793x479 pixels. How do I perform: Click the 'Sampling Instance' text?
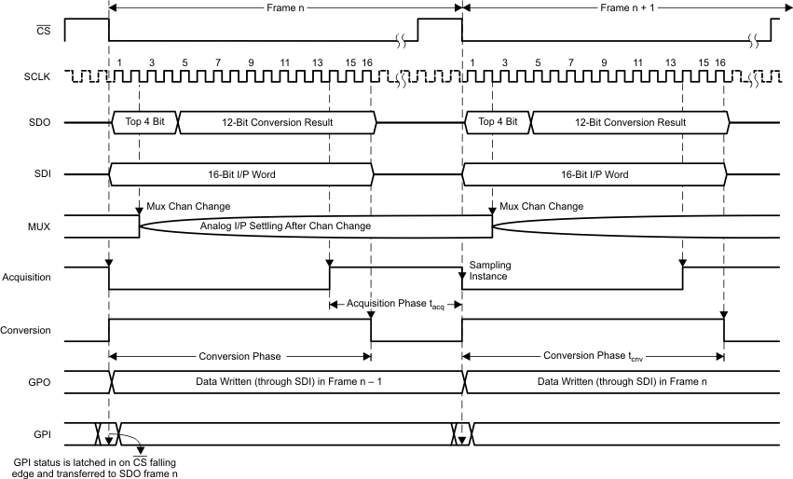(490, 270)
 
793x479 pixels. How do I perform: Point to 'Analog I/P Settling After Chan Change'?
(286, 226)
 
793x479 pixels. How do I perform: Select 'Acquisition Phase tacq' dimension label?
(391, 304)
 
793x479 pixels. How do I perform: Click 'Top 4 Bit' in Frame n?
(144, 122)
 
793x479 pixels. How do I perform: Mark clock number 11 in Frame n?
(283, 62)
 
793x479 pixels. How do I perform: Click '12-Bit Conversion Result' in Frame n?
(277, 122)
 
